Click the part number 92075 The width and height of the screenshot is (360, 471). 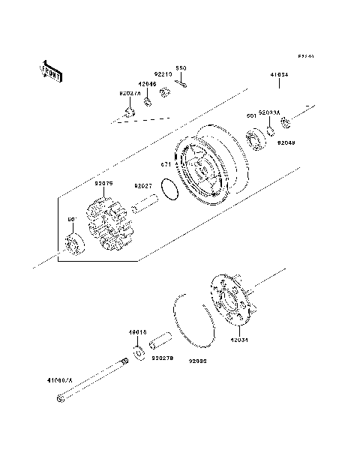pyautogui.click(x=104, y=182)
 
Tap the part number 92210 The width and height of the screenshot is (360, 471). pyautogui.click(x=163, y=75)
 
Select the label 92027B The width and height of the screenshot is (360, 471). pyautogui.click(x=162, y=358)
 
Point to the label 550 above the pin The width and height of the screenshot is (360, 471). pyautogui.click(x=181, y=68)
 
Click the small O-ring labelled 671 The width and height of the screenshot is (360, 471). pyautogui.click(x=171, y=190)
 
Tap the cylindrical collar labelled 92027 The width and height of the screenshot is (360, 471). pyautogui.click(x=146, y=203)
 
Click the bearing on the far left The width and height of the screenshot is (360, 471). pyautogui.click(x=75, y=244)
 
